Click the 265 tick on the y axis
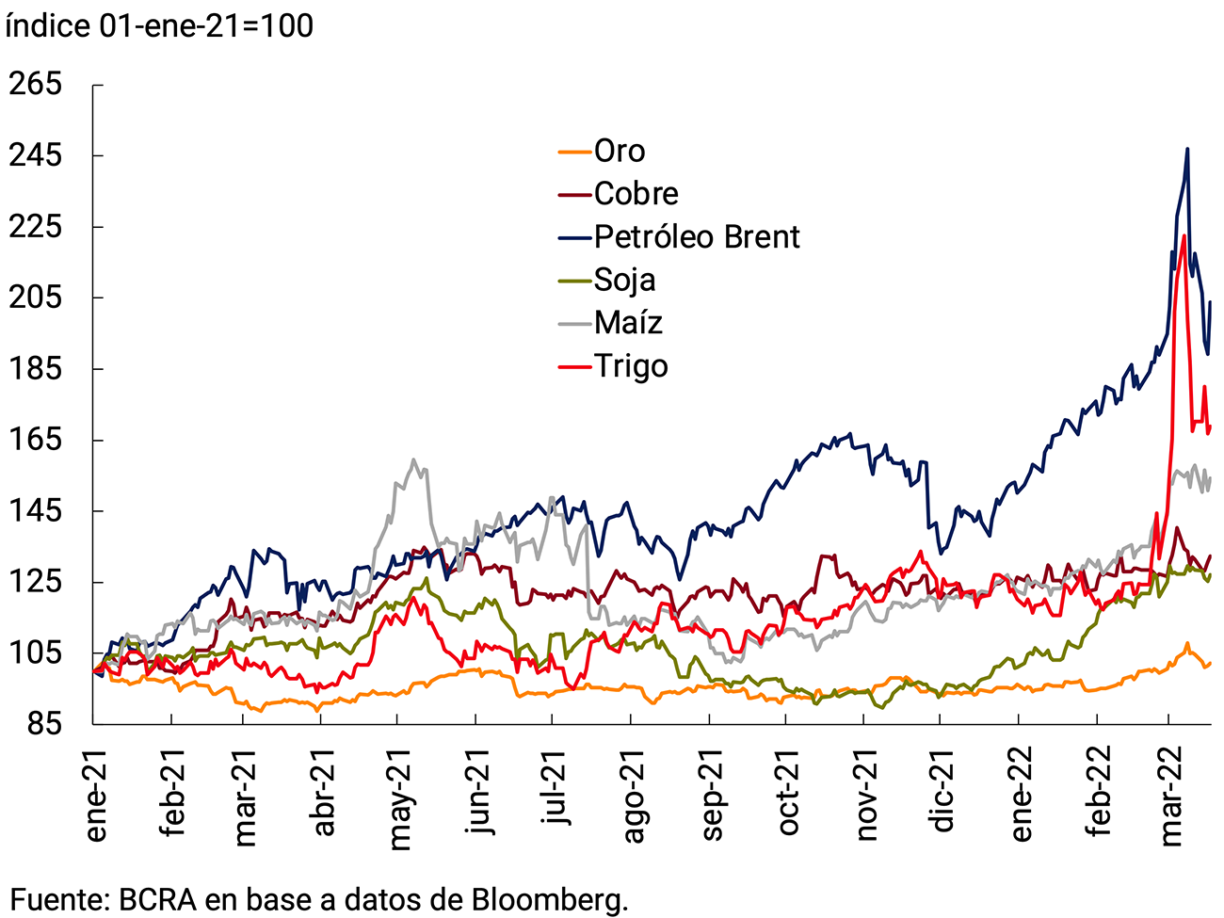tap(35, 84)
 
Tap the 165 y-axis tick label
tap(35, 439)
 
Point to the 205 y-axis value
tap(35, 297)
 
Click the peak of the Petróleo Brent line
tap(1187, 149)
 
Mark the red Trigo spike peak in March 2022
tap(1183, 235)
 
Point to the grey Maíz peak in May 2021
tap(413, 459)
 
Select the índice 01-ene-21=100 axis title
tap(159, 25)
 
